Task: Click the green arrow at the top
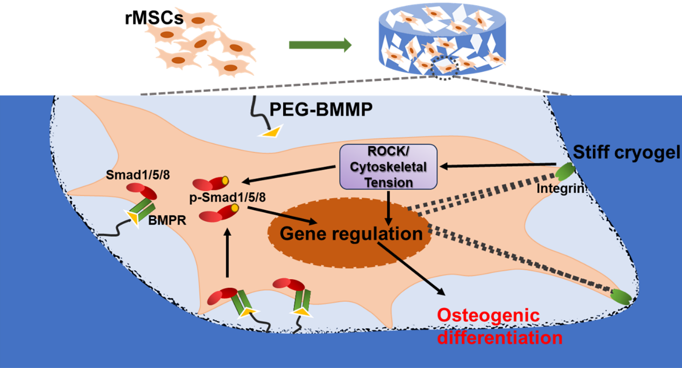click(320, 45)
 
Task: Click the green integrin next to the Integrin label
click(564, 173)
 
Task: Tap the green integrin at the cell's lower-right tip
click(621, 296)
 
